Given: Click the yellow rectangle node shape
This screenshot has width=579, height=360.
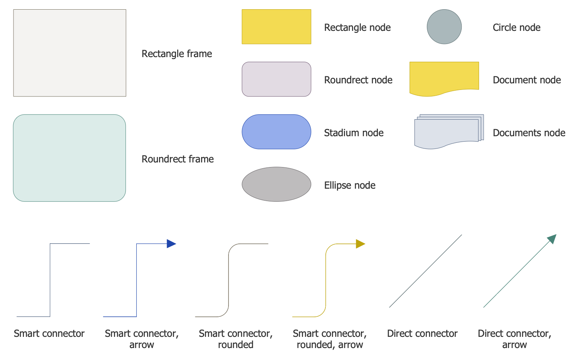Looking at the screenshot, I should click(x=276, y=27).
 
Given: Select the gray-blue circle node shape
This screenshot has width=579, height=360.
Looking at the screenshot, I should click(x=444, y=27).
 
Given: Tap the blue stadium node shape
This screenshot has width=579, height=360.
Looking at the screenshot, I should click(x=276, y=132).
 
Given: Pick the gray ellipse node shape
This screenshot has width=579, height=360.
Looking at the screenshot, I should click(x=276, y=184).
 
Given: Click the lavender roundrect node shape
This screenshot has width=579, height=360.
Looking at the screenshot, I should click(x=276, y=79).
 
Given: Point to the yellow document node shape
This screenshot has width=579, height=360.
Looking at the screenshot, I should click(x=444, y=77).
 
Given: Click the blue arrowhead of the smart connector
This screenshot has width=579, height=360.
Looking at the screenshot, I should click(x=171, y=243).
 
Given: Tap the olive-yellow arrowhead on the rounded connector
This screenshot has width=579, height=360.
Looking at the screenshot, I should click(x=360, y=244).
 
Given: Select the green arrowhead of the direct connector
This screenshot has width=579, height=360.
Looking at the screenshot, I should click(x=552, y=238).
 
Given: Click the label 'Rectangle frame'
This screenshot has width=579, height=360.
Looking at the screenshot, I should click(x=177, y=54).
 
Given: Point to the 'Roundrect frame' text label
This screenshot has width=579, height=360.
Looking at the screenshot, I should click(x=178, y=159).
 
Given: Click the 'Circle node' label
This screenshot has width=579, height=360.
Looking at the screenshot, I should click(x=516, y=27).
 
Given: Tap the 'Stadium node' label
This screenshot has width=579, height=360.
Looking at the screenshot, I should click(x=354, y=133).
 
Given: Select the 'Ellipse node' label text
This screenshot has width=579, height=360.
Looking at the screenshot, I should click(x=350, y=185).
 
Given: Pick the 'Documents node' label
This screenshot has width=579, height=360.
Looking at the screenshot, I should click(x=529, y=133).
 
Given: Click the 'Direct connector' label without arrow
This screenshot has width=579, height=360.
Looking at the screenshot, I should click(x=422, y=333).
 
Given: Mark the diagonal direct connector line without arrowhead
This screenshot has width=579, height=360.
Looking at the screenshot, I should click(x=425, y=271).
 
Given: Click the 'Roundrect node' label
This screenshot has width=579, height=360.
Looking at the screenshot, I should click(x=358, y=80).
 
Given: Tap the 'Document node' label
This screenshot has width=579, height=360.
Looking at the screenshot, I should click(x=527, y=80).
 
